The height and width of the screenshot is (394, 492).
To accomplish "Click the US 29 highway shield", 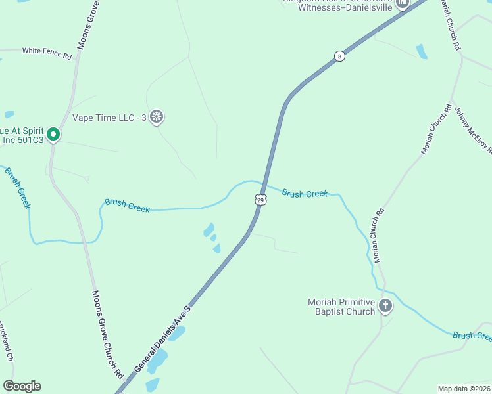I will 260,200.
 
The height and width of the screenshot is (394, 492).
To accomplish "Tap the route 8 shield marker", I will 339,56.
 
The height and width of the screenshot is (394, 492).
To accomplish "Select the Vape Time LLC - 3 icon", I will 157,118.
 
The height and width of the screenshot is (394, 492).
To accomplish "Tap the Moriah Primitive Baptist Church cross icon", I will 385,305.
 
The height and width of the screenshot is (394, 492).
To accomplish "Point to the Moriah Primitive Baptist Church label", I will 341,307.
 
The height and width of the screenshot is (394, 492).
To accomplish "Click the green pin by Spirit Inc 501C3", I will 53,135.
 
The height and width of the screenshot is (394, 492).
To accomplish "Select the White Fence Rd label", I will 47,53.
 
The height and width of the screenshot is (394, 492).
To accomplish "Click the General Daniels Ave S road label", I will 162,338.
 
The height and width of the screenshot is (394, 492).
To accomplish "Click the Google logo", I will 22,386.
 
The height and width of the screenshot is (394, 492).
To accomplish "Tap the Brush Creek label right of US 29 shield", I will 305,193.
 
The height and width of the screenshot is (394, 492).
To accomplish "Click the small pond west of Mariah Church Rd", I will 422,51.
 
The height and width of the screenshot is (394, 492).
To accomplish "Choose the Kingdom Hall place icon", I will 402,3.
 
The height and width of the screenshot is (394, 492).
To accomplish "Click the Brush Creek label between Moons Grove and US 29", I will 127,206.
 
